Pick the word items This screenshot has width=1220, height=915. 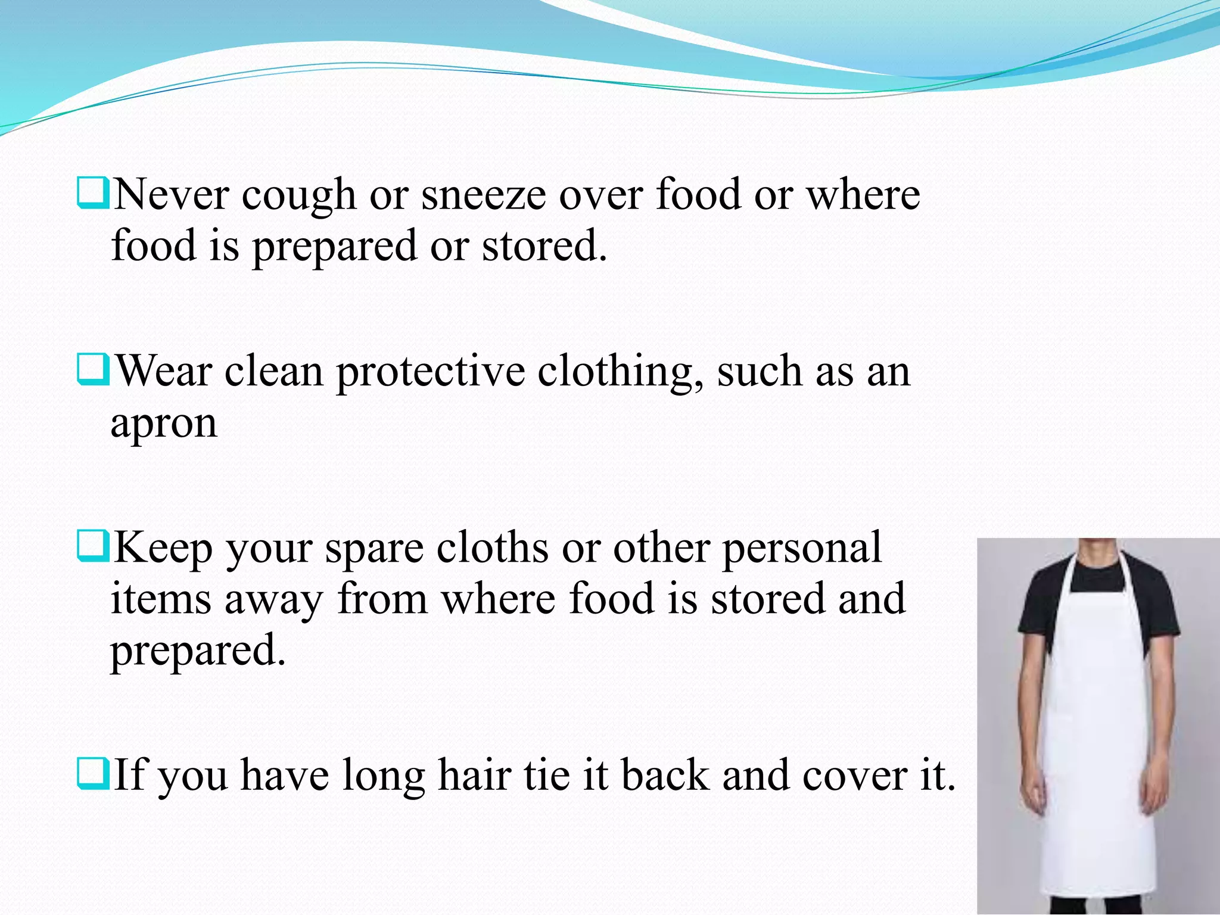pos(161,599)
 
